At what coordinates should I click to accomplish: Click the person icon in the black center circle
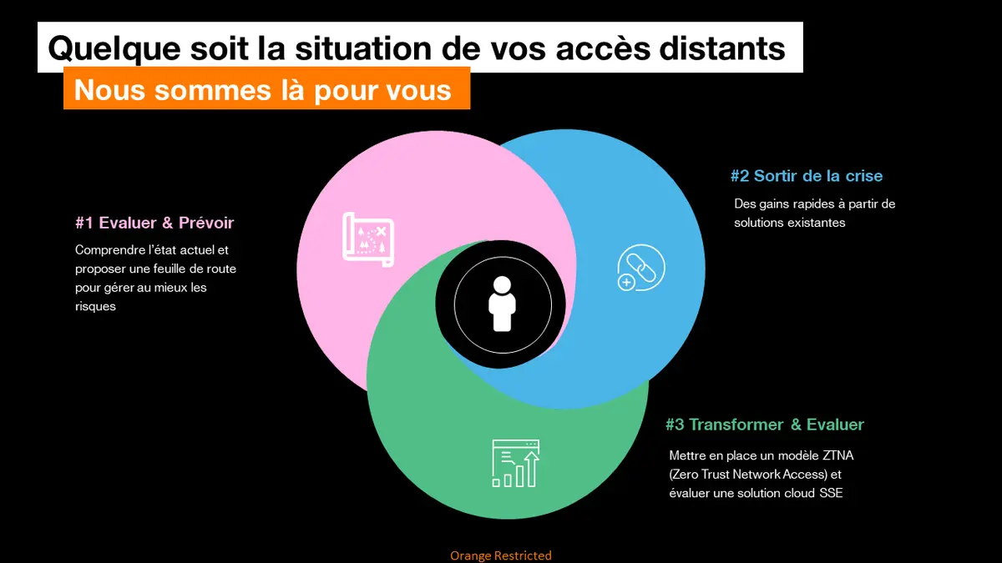pos(503,304)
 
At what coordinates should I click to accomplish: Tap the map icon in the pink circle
pos(368,239)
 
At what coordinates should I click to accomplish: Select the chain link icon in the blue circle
pos(640,269)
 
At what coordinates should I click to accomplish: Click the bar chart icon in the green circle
pos(515,463)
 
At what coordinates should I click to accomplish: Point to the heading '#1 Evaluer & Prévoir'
pos(154,223)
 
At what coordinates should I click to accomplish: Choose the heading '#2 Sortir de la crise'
pos(806,176)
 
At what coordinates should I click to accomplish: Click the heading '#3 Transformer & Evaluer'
pos(764,425)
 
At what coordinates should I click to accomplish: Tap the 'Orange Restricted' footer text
pos(500,555)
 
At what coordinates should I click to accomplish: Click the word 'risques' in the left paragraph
pos(96,306)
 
